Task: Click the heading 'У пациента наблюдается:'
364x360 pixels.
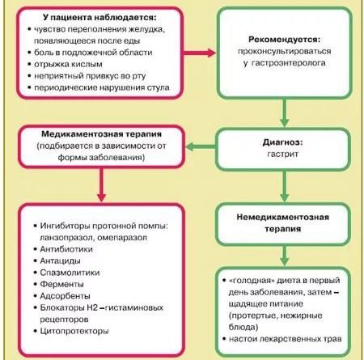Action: [99, 18]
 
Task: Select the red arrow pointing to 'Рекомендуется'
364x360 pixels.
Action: [200, 53]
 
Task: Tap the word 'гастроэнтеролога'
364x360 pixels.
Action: [288, 63]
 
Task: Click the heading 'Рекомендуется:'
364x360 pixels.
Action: [284, 40]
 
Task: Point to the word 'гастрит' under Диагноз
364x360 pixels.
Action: [282, 154]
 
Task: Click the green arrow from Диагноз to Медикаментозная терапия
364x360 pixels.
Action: [201, 147]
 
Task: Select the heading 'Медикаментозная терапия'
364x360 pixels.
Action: [102, 134]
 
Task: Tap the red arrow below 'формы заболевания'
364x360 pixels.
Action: [101, 184]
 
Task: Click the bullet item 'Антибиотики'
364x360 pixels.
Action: [66, 249]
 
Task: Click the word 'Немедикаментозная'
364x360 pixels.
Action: [283, 217]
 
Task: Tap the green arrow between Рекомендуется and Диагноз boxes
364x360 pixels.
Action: [284, 112]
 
